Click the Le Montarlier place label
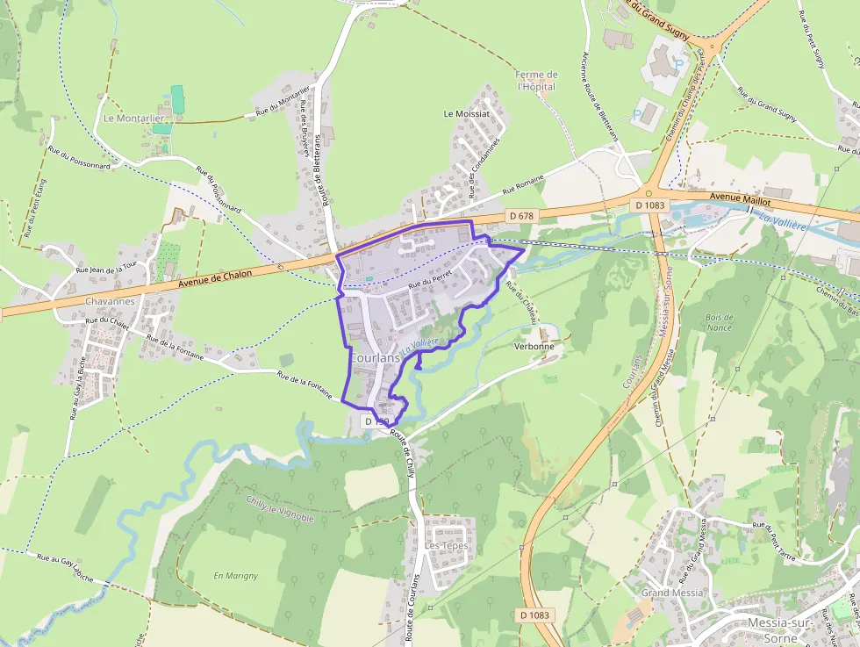click(134, 118)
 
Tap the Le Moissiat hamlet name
click(465, 114)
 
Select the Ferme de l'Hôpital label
click(537, 81)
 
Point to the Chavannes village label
click(110, 301)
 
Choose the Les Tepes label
click(447, 545)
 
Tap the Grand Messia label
click(672, 593)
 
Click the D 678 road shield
click(520, 215)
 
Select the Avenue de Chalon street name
click(215, 279)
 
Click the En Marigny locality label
click(236, 576)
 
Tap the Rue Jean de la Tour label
click(107, 267)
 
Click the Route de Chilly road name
click(403, 454)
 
